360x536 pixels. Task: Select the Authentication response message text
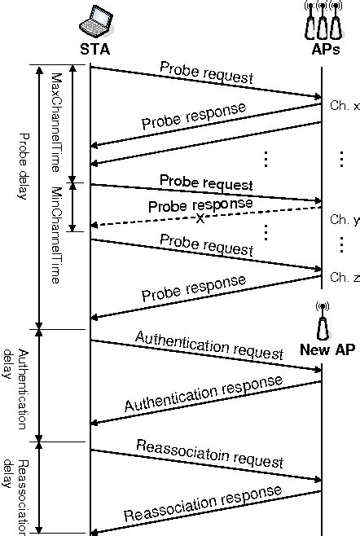tap(204, 393)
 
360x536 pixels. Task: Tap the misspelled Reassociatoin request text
tap(210, 453)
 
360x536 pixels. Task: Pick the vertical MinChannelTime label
tap(56, 234)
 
